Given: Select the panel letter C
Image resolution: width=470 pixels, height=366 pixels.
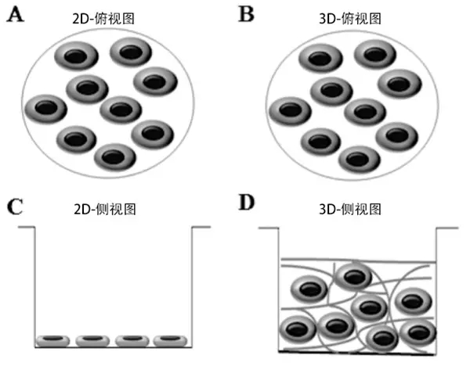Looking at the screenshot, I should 13,207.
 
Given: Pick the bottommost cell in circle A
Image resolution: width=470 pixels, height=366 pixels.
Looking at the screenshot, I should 114,156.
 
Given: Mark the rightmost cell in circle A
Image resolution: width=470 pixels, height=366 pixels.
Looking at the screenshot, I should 157,81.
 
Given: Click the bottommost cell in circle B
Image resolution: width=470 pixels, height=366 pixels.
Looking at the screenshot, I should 359,158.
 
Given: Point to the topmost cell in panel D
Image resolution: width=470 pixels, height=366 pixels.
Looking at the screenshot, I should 354,276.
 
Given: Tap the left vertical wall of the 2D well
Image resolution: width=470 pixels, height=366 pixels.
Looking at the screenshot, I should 34,285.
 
